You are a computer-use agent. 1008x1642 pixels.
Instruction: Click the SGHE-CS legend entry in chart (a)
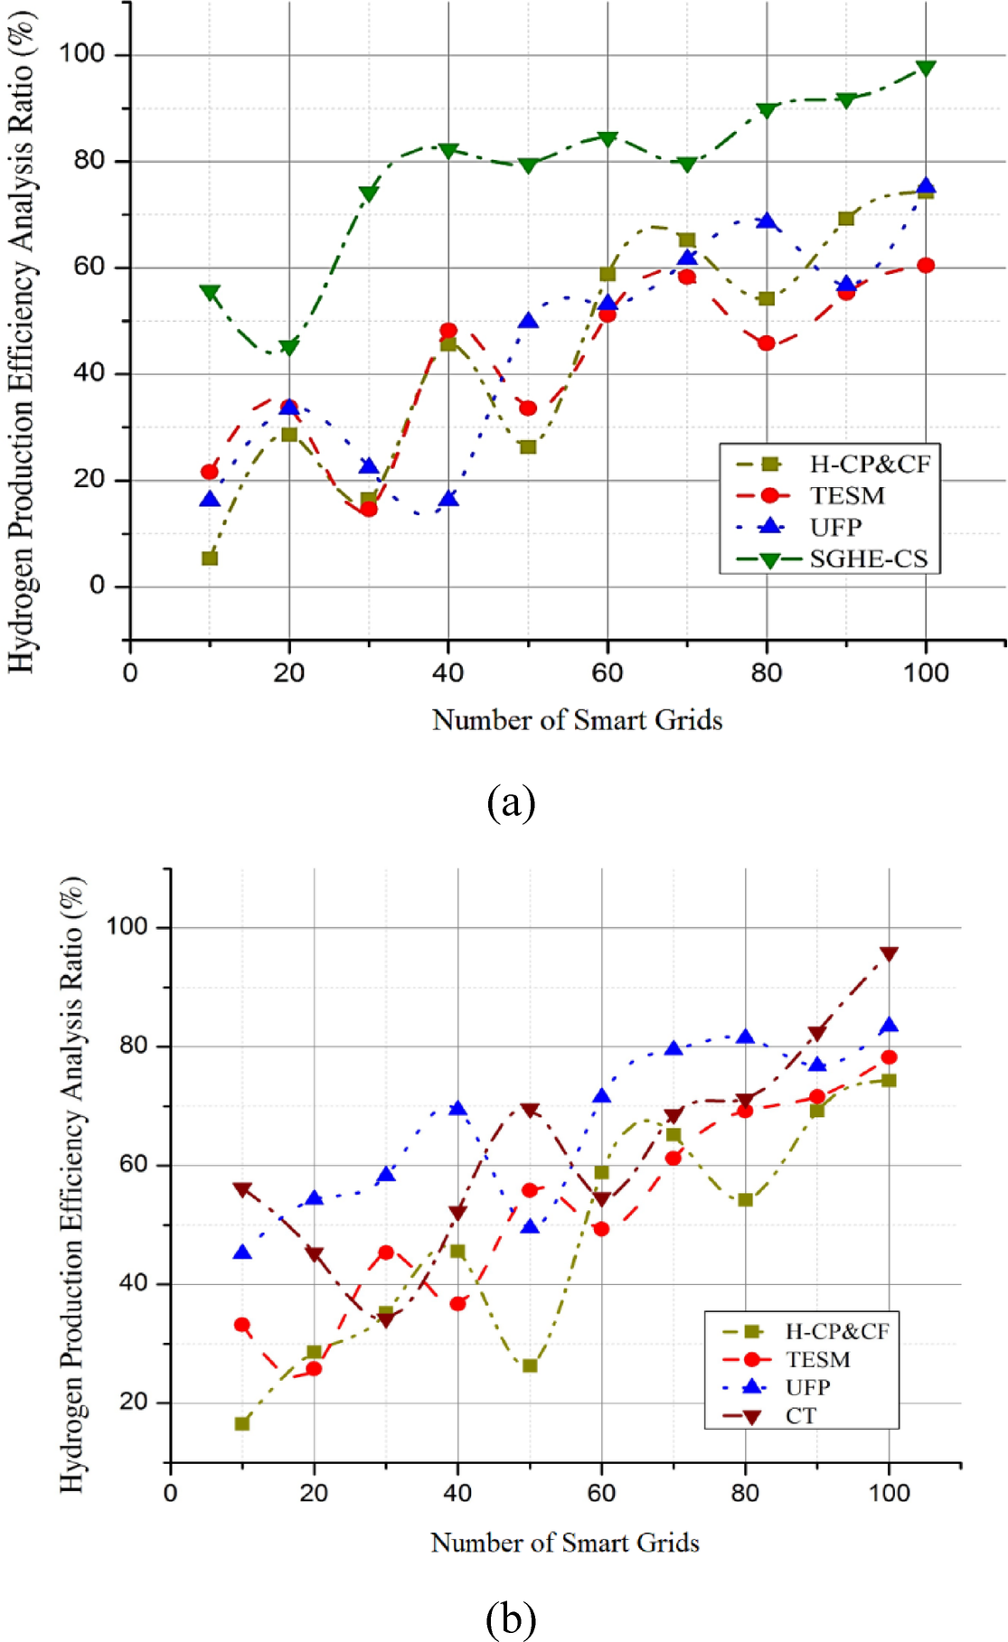coord(868,558)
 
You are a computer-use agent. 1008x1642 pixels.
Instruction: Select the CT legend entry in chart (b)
coord(801,1415)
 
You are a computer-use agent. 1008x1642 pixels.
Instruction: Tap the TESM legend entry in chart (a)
coord(847,495)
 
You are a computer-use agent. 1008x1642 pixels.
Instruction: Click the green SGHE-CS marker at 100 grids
coord(925,69)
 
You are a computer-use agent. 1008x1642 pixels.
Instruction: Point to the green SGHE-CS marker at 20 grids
coord(289,347)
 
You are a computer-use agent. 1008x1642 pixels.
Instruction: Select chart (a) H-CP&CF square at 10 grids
coord(210,558)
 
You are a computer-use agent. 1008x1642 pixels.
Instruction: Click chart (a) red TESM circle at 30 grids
coord(368,509)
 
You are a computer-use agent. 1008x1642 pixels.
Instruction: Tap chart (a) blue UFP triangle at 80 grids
coord(767,221)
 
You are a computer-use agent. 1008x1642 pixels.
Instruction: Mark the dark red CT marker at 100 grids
coord(889,954)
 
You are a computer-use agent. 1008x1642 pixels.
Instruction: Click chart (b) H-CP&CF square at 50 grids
coord(530,1365)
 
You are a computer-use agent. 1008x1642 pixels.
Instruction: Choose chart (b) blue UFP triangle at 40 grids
coord(457,1108)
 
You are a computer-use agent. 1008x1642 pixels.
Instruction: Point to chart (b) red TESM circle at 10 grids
coord(241,1325)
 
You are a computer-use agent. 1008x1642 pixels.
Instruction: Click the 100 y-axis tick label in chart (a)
coord(82,53)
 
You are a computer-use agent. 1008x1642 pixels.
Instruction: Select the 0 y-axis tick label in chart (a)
coord(97,586)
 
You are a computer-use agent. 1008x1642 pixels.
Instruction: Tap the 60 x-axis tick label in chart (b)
coord(601,1492)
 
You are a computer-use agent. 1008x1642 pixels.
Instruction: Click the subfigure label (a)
coord(511,802)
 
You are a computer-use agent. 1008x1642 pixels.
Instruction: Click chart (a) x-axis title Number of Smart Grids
coord(577,720)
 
